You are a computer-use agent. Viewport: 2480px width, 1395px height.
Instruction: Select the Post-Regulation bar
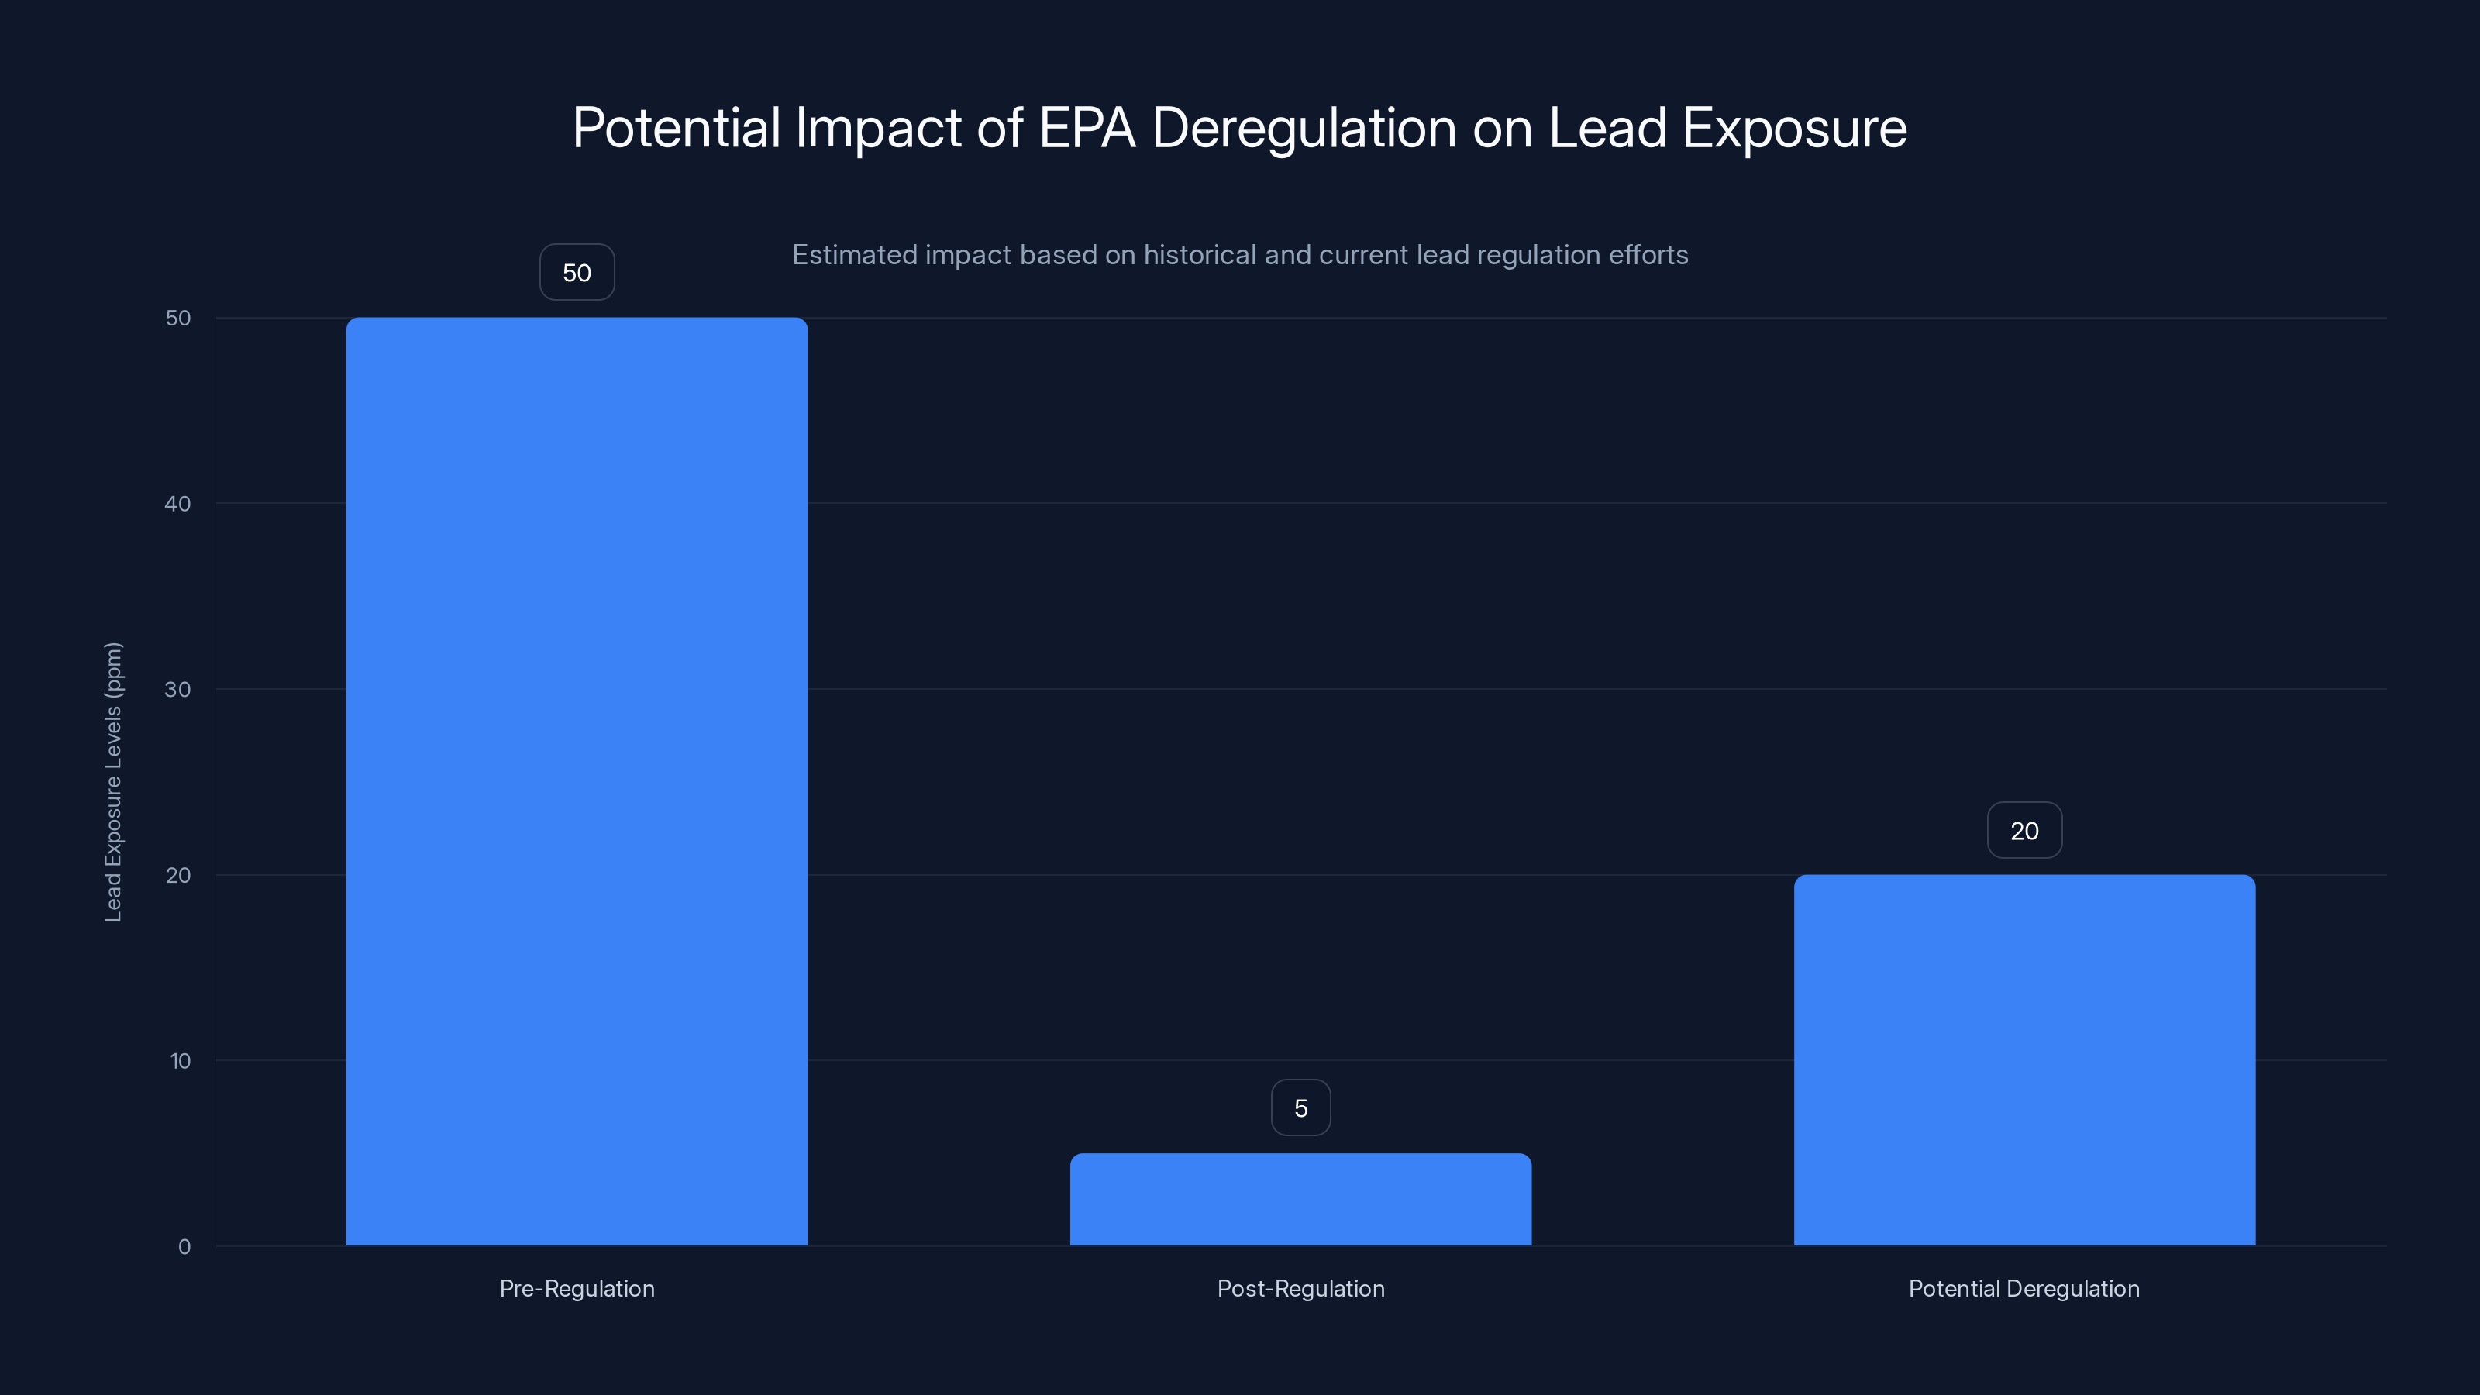[x=1300, y=1199]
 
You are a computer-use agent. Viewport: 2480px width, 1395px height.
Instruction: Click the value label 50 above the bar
[x=577, y=273]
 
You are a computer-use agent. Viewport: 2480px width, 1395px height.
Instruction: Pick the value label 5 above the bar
[x=1300, y=1108]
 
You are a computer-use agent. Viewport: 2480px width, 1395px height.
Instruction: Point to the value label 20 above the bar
[x=2024, y=831]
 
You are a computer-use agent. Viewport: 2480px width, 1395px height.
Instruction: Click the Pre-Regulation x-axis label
[x=577, y=1288]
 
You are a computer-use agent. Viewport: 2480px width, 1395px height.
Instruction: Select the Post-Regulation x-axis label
[x=1300, y=1288]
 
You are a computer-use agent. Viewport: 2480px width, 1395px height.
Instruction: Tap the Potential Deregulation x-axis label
[x=2024, y=1288]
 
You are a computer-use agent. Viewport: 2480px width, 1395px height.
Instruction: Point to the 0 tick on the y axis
[x=184, y=1247]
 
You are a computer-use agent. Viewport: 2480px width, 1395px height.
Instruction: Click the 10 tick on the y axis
[x=180, y=1061]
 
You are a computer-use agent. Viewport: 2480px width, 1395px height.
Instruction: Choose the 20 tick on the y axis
[x=178, y=875]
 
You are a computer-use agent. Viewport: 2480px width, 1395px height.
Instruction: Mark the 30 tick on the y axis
[x=178, y=689]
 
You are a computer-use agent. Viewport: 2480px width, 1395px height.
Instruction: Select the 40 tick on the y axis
[x=178, y=504]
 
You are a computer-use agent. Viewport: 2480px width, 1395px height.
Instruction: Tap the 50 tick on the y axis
[x=178, y=318]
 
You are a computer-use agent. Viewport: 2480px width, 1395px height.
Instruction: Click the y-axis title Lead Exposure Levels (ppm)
[x=114, y=782]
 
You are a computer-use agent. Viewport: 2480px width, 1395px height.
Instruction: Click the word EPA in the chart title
[x=1087, y=128]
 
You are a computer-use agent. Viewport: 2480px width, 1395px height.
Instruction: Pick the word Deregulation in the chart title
[x=1304, y=128]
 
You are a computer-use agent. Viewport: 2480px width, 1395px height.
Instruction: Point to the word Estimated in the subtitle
[x=854, y=255]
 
